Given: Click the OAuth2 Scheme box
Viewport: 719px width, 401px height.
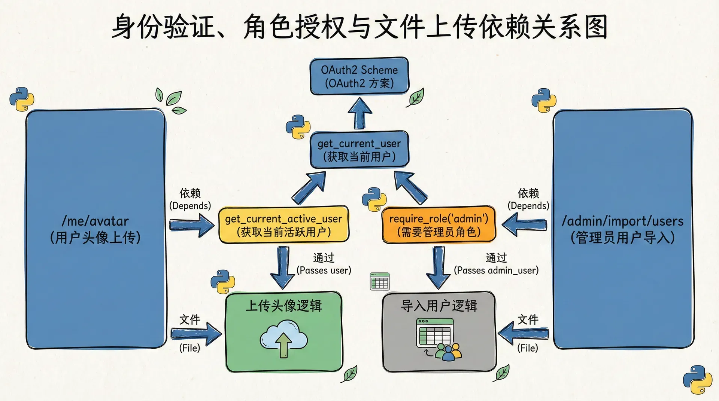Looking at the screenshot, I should [359, 76].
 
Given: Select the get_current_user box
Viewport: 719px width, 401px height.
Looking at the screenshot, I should [359, 150].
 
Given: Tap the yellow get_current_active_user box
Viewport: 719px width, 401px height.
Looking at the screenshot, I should [283, 225].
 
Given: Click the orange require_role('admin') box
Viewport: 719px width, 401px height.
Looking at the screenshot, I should [439, 225].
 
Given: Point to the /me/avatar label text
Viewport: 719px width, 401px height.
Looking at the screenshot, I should [95, 221].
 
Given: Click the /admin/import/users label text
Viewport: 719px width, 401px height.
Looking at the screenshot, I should [622, 221].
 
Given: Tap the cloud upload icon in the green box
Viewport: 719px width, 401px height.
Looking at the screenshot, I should [283, 338].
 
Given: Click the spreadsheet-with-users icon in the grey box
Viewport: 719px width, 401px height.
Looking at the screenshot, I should [439, 339].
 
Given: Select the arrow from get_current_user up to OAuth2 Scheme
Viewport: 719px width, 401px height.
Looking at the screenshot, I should [359, 113].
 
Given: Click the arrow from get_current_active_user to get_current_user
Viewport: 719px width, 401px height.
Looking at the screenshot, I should [309, 189].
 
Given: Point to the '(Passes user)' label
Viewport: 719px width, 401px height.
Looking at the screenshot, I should [324, 270].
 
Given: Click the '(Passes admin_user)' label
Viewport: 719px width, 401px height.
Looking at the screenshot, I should [496, 270].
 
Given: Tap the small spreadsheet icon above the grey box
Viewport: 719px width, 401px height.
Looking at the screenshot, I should [380, 281].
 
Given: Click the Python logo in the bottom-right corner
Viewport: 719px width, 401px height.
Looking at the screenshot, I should [697, 380].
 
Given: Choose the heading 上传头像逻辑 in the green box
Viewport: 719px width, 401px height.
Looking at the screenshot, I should [283, 306].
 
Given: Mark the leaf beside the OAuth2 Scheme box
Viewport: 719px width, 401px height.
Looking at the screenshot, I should [416, 98].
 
